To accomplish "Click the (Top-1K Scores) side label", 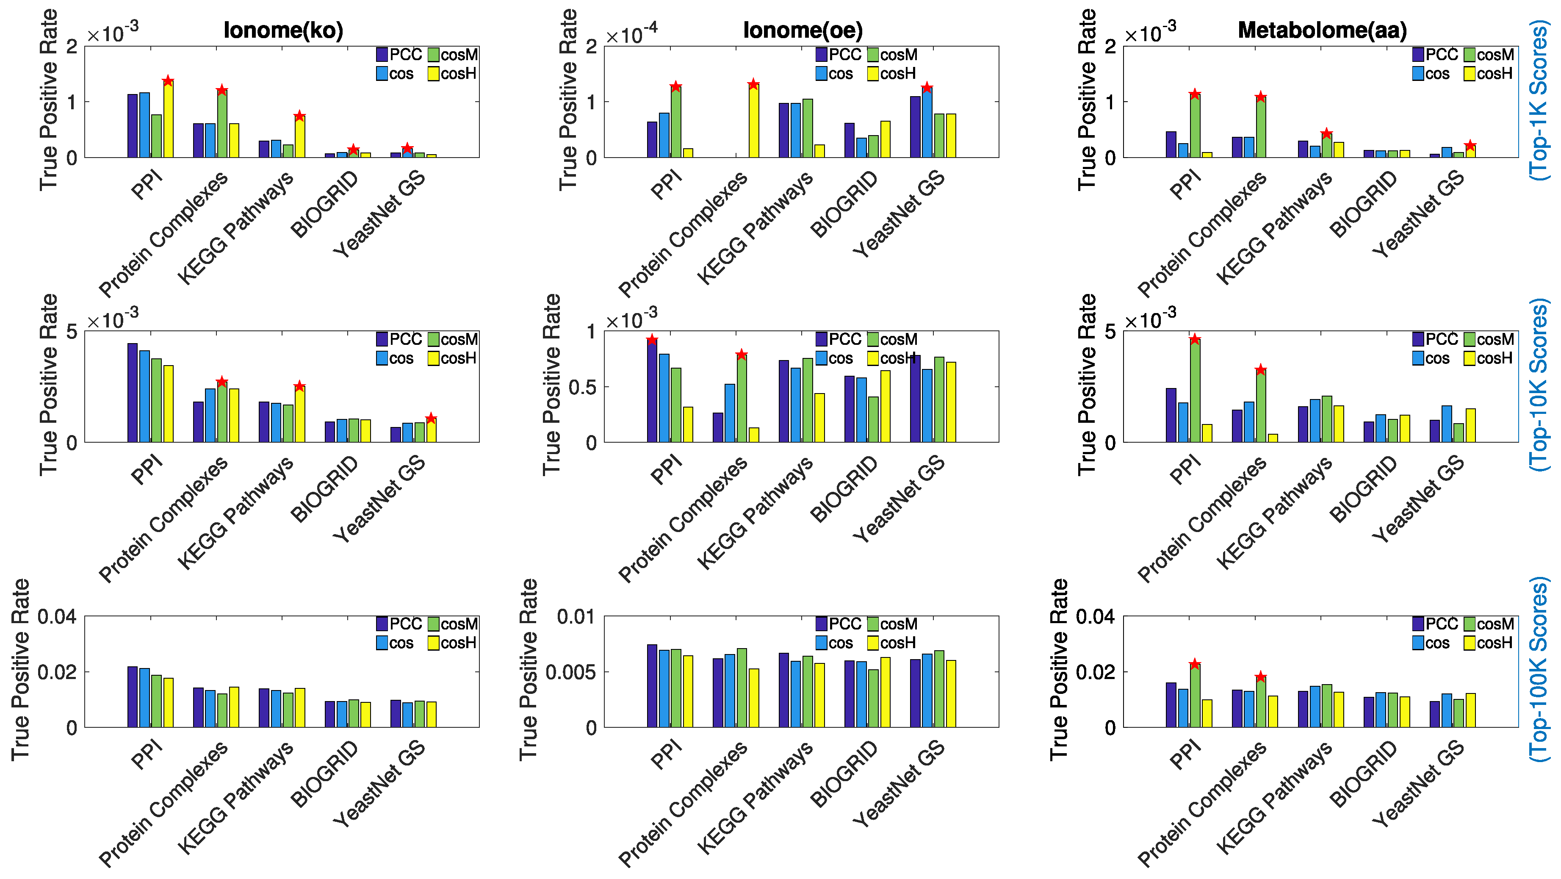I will (1539, 100).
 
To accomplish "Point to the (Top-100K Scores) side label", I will (1539, 669).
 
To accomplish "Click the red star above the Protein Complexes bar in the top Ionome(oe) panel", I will (753, 84).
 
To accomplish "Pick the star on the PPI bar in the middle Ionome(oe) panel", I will (652, 339).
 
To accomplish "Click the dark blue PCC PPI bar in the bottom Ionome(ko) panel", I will (132, 697).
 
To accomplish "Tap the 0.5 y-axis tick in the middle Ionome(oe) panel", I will (582, 387).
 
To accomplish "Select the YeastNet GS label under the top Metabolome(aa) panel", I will (1418, 214).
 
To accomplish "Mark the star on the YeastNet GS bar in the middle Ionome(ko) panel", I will (431, 418).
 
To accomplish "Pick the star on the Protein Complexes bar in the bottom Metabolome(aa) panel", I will (1260, 677).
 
